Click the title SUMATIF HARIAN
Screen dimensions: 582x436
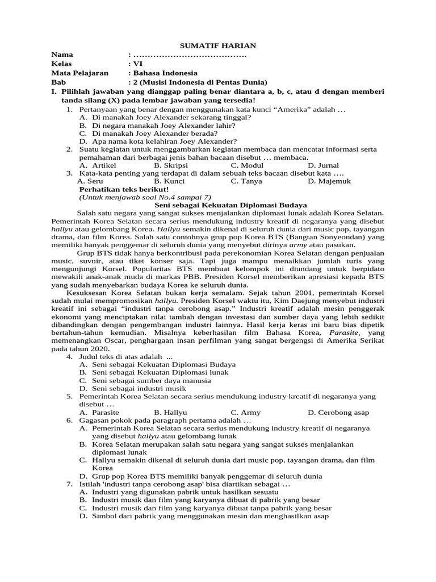click(218, 45)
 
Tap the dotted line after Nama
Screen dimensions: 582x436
click(190, 55)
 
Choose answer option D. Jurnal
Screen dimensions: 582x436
click(324, 165)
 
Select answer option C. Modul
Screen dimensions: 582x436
click(248, 165)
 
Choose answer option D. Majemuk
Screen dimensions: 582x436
click(329, 181)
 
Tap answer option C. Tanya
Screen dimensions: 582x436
click(247, 181)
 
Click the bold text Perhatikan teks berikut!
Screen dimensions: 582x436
click(124, 189)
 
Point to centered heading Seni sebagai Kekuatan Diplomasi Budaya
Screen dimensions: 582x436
click(231, 205)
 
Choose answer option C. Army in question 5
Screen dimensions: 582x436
click(245, 412)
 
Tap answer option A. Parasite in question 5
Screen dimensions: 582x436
click(99, 412)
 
